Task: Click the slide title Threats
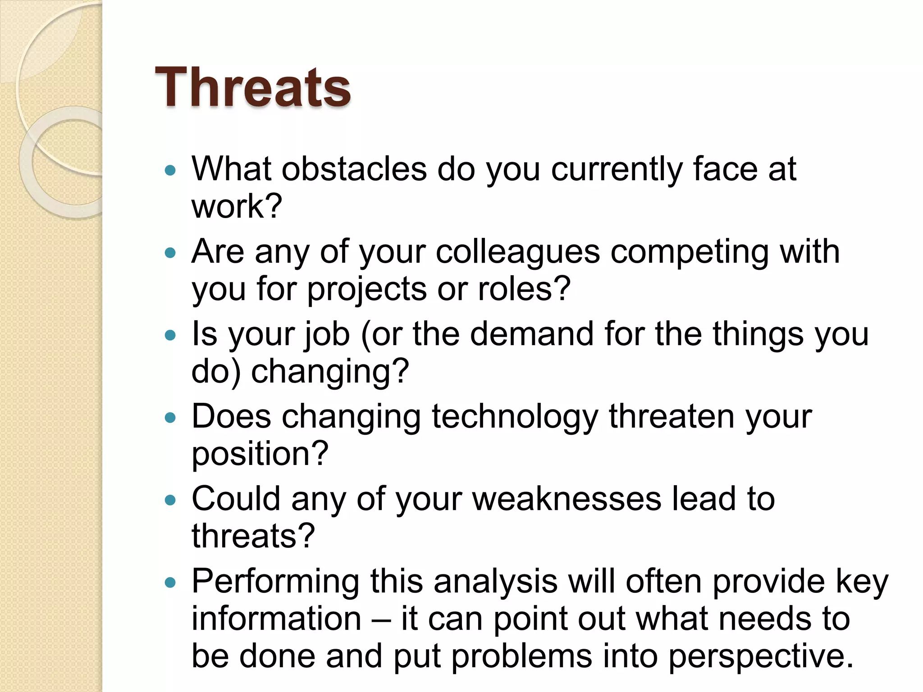pyautogui.click(x=252, y=87)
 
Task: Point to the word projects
pyautogui.click(x=366, y=290)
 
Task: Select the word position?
pyautogui.click(x=260, y=454)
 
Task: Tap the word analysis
pyautogui.click(x=495, y=581)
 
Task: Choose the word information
pyautogui.click(x=276, y=619)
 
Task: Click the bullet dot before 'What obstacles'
pyautogui.click(x=170, y=170)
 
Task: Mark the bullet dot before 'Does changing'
pyautogui.click(x=170, y=418)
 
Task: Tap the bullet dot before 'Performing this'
pyautogui.click(x=170, y=583)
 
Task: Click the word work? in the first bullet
pyautogui.click(x=237, y=206)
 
